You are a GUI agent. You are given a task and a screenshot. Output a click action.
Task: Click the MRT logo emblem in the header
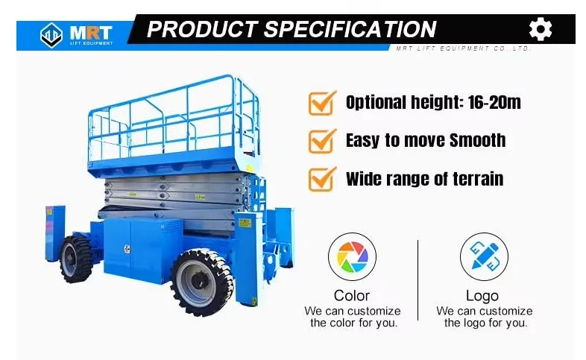click(x=51, y=34)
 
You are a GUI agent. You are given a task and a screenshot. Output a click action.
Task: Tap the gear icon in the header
click(x=541, y=29)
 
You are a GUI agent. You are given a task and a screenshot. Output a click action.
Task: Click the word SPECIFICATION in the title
click(x=350, y=30)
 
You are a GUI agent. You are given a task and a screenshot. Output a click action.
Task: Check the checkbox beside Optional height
click(x=321, y=103)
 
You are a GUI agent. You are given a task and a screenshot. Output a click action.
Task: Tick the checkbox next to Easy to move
click(x=321, y=140)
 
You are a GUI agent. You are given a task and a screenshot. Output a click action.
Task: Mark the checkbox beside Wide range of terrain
click(x=321, y=178)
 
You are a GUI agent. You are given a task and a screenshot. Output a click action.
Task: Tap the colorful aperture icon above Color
click(x=352, y=256)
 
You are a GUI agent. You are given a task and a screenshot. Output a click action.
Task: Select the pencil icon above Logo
click(x=483, y=256)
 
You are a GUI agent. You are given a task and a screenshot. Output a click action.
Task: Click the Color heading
click(x=352, y=296)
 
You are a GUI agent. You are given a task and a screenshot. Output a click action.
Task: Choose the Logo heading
click(x=482, y=296)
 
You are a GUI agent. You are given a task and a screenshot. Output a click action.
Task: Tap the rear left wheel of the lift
click(x=76, y=258)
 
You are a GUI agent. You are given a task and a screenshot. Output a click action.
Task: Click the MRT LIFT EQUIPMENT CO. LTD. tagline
click(x=462, y=48)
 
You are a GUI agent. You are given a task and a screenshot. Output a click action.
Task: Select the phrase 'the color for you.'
click(x=353, y=323)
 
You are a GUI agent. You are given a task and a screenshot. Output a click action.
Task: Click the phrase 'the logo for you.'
click(x=485, y=323)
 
